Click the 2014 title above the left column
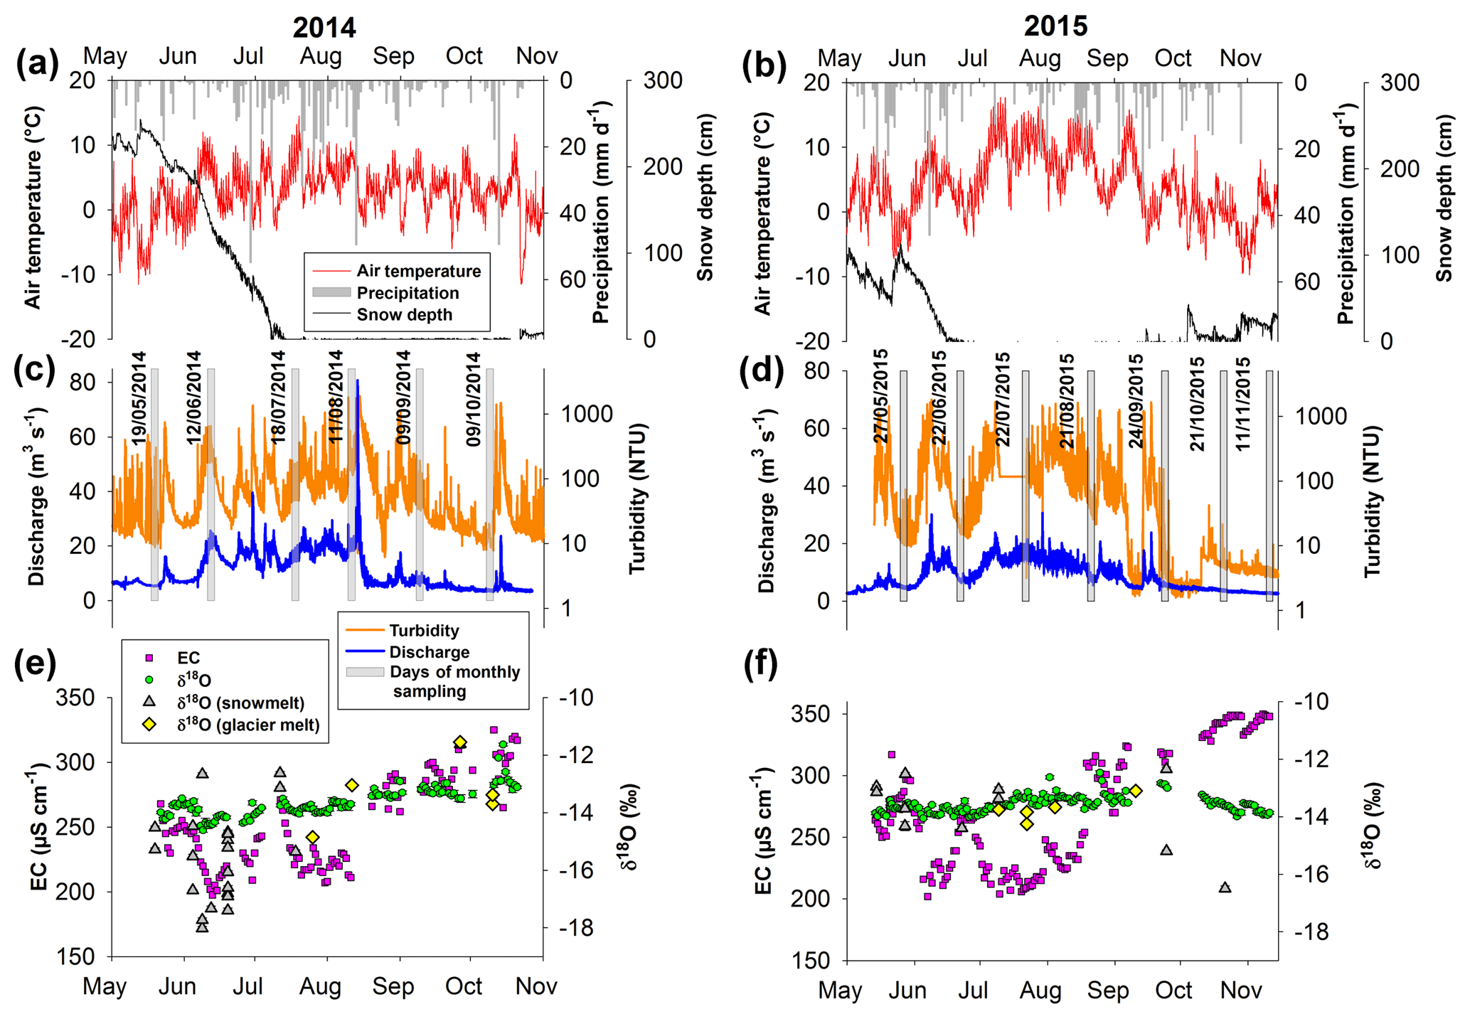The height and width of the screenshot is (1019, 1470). click(x=324, y=27)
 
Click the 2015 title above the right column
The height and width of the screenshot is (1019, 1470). click(x=1055, y=26)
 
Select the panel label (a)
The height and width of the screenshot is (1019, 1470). click(x=37, y=64)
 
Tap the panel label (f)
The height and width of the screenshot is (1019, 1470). click(x=761, y=665)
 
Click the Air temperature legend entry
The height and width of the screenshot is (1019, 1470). click(x=418, y=271)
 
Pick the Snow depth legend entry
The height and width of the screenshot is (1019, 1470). click(x=404, y=315)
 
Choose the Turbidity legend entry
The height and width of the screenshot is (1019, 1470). click(x=424, y=631)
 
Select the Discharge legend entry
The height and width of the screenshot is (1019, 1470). click(x=429, y=652)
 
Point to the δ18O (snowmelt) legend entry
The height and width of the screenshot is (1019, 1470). click(x=240, y=703)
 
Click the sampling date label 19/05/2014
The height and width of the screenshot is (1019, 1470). click(x=139, y=398)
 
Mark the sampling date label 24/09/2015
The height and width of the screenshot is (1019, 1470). click(x=1136, y=401)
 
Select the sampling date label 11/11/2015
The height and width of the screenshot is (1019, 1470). click(x=1242, y=404)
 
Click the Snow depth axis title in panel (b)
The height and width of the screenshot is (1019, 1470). click(x=1444, y=199)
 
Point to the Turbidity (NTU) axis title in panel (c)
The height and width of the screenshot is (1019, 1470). click(x=637, y=498)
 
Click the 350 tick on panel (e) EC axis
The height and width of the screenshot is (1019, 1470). click(x=75, y=698)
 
